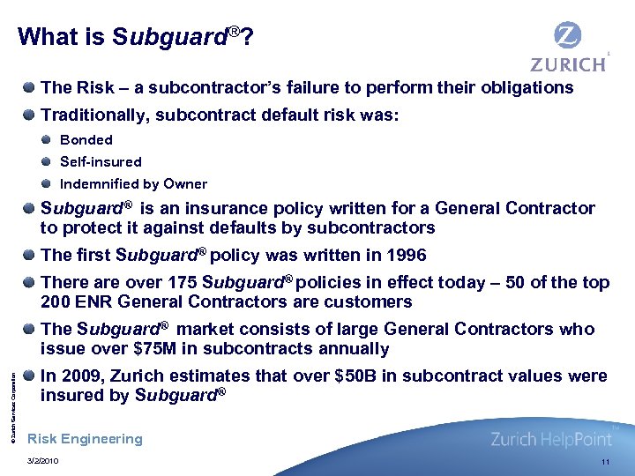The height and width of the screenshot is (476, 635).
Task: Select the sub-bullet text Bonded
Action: tap(86, 139)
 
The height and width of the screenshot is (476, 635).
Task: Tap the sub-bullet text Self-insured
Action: tap(101, 162)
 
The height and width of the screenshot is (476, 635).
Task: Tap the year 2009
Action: tap(79, 376)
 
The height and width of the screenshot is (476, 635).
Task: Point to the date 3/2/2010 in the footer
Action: tap(45, 461)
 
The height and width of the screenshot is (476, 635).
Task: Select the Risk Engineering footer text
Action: tap(85, 439)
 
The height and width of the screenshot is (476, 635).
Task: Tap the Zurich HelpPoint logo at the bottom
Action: tap(551, 438)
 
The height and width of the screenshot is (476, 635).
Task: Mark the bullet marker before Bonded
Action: tap(46, 139)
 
